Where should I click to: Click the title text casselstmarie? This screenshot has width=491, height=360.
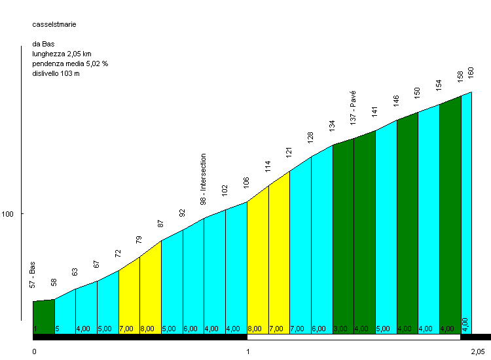(x=54, y=24)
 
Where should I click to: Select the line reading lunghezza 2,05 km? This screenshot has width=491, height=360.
(x=62, y=54)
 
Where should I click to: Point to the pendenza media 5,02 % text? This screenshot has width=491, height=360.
(x=70, y=63)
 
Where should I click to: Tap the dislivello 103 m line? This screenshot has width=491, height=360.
(x=56, y=73)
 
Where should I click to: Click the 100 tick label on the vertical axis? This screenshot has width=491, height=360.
(x=7, y=214)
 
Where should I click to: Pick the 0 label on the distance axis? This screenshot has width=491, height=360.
(x=35, y=351)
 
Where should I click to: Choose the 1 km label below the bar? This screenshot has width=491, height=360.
(x=247, y=351)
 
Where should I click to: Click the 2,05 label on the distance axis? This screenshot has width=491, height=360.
(x=478, y=351)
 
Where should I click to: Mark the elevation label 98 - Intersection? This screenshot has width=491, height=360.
(x=203, y=179)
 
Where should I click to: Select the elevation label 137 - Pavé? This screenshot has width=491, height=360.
(x=353, y=108)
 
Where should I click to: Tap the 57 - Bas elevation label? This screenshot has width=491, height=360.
(x=32, y=275)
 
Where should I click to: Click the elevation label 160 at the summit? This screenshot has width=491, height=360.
(x=471, y=73)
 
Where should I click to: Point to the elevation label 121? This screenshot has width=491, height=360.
(x=289, y=152)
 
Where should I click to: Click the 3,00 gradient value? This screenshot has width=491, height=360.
(x=340, y=329)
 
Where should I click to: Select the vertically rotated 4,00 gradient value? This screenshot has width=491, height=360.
(x=465, y=325)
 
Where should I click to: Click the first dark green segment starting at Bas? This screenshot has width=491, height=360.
(x=44, y=317)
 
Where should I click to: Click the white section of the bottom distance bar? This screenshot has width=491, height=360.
(x=354, y=337)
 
